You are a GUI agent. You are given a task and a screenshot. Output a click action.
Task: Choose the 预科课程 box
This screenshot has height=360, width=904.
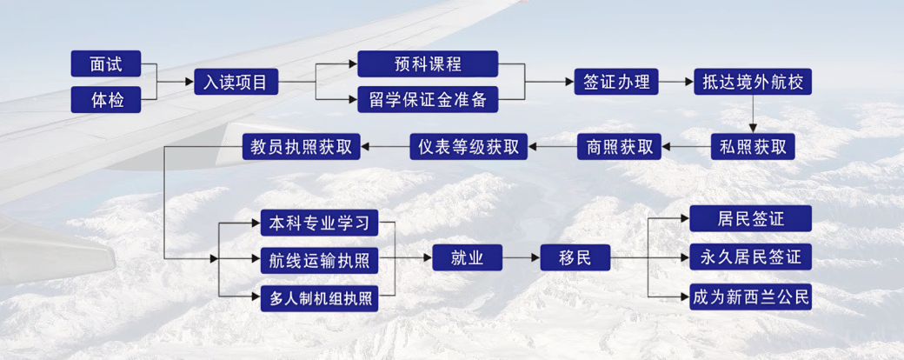click(428, 63)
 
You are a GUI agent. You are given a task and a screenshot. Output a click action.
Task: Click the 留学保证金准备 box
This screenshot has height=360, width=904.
click(428, 100)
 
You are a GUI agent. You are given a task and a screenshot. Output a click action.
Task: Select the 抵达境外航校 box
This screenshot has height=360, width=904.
click(753, 83)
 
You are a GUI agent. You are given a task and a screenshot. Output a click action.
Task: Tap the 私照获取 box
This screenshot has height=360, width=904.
click(753, 147)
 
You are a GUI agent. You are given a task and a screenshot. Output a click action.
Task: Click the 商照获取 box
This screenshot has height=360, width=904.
click(620, 147)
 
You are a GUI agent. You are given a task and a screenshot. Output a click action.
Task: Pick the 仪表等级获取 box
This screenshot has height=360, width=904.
click(469, 147)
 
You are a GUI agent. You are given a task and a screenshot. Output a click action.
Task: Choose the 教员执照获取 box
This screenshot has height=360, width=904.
click(302, 147)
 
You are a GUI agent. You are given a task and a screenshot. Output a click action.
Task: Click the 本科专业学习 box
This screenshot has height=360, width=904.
click(320, 223)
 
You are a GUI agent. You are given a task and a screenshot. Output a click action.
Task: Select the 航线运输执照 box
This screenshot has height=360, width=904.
click(320, 259)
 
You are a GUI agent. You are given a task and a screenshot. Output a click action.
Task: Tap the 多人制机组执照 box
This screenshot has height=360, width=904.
click(320, 297)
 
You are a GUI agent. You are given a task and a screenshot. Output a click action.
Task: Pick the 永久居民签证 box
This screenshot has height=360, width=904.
click(750, 258)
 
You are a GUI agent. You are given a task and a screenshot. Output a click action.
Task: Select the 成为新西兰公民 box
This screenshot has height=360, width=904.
click(750, 297)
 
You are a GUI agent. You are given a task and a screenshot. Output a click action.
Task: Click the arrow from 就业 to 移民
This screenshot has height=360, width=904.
click(521, 258)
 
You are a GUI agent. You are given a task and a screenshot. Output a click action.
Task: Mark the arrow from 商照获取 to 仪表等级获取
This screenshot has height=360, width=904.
click(553, 147)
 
